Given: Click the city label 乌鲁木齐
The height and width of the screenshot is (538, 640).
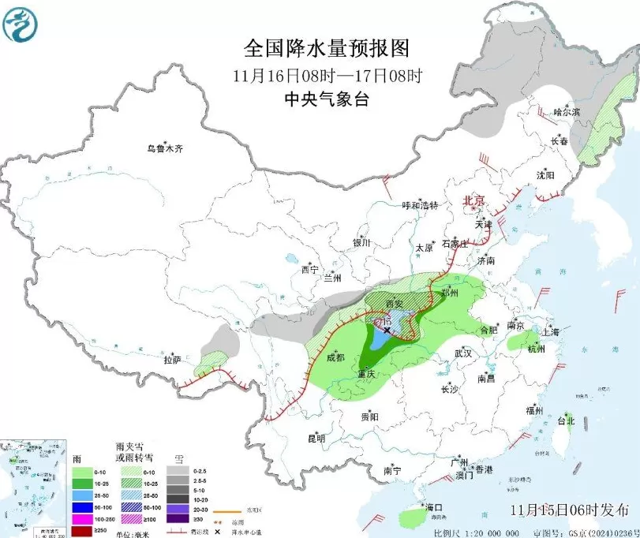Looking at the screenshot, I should [x=165, y=148].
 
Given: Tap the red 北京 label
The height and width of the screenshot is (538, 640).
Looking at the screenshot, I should [x=474, y=200].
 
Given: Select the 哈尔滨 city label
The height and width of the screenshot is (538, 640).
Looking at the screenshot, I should [x=566, y=113].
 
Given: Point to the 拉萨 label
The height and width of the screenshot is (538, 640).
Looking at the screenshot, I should [x=172, y=360].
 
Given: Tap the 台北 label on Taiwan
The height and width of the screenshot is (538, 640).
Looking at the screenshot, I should [x=567, y=420].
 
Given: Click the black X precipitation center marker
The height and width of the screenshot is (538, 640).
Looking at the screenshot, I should [x=387, y=331].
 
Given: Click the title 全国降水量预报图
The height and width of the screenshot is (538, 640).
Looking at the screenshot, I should [x=327, y=48].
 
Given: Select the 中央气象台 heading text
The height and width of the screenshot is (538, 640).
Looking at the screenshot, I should [x=327, y=99].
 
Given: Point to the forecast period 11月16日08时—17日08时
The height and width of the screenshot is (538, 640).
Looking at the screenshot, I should [x=327, y=76].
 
